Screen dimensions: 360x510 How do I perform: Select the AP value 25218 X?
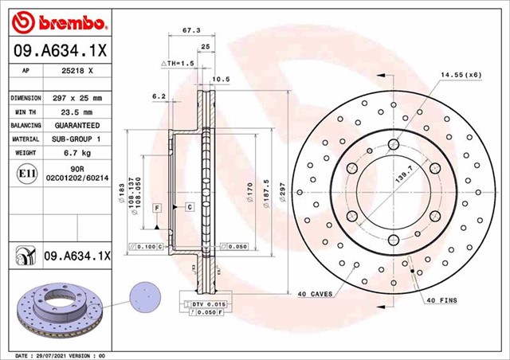tap(76, 70)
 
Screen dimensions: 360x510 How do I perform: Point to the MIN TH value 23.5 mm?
tap(77, 112)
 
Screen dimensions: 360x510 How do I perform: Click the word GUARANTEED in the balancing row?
tap(77, 126)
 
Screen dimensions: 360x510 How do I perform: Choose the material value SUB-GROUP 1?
tap(77, 139)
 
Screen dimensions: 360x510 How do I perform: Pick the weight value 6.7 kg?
tap(77, 152)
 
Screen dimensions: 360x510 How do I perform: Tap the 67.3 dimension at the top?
tap(191, 30)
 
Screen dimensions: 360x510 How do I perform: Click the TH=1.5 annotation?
tap(178, 62)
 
